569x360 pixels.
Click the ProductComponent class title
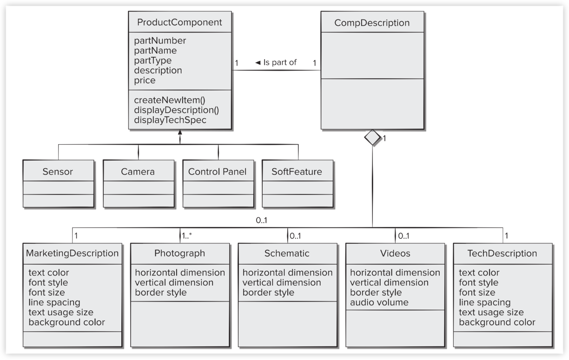click(179, 22)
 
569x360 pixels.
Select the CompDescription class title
click(372, 23)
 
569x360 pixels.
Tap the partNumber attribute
click(160, 40)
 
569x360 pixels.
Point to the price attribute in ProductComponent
click(145, 80)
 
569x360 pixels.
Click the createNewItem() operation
click(170, 100)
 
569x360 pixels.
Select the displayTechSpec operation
click(170, 120)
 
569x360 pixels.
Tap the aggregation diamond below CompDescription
click(372, 137)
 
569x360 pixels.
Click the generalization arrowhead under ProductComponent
click(180, 132)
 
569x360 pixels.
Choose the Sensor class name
click(58, 172)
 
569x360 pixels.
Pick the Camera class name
click(138, 172)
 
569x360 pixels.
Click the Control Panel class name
click(217, 172)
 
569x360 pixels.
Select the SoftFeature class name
click(297, 172)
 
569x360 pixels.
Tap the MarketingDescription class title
click(73, 253)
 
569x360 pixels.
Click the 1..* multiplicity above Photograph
click(187, 236)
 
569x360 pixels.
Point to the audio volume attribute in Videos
click(379, 302)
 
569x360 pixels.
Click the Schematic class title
click(287, 253)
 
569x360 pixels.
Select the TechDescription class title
click(502, 253)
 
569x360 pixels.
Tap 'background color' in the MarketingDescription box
click(67, 322)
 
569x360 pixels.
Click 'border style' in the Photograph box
click(161, 293)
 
